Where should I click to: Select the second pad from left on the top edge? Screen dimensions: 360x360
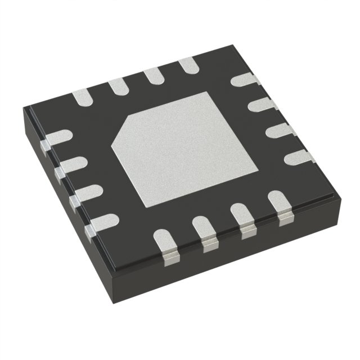point(118,85)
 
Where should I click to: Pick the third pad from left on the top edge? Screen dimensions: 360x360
point(152,75)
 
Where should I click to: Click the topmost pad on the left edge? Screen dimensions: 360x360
point(58,138)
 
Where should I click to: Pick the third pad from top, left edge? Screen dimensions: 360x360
point(83,193)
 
